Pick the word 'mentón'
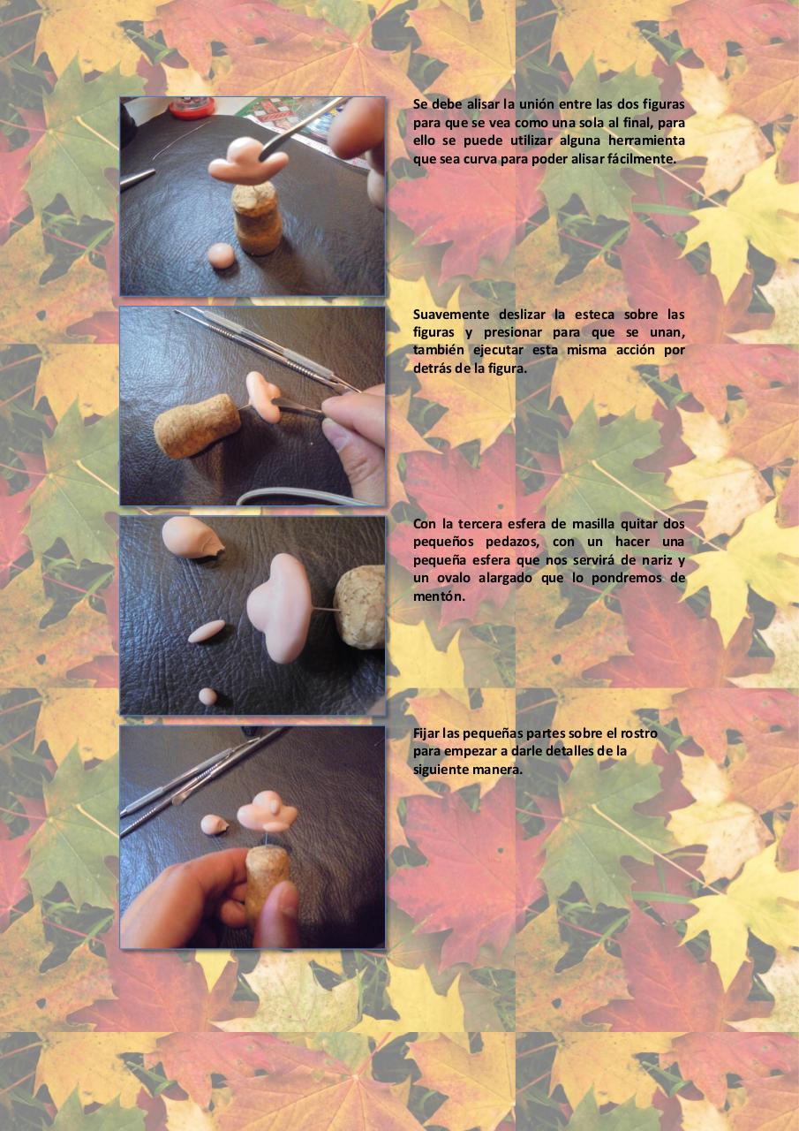coord(437,596)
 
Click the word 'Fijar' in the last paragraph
coord(426,732)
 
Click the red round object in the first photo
coord(192,107)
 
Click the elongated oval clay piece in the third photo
coord(207,632)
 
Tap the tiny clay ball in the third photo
coord(207,695)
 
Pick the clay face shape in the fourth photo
coord(268,810)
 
